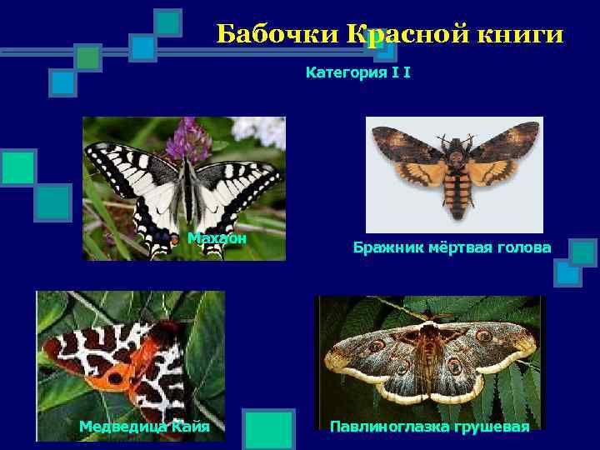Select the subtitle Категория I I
[x=357, y=73]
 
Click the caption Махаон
[x=217, y=238]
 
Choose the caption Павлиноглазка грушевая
[x=429, y=427]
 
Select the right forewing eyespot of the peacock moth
[x=483, y=336]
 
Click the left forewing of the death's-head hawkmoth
[x=408, y=146]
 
